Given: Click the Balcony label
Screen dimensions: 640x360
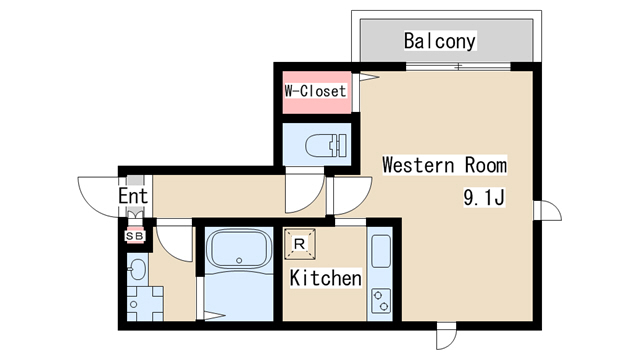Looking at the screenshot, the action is tap(440, 41).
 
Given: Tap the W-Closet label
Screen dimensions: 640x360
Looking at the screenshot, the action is tap(315, 91).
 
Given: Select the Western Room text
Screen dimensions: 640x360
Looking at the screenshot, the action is tap(444, 165).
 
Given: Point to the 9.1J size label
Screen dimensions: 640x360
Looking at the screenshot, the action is tap(484, 198).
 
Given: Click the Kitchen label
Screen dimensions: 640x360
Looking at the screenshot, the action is tap(325, 278).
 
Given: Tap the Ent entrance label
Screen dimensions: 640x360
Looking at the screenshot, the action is tap(133, 196).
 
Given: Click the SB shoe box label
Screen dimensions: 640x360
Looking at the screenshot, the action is tap(135, 236).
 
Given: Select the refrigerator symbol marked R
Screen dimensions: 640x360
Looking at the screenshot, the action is tap(300, 244).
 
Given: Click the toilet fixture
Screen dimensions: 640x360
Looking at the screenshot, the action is tap(326, 145).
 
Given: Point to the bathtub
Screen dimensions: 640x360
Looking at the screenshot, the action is tap(239, 248).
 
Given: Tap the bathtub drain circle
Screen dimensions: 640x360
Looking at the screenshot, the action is tap(239, 260).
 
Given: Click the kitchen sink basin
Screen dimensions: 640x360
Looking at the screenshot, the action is tap(381, 251).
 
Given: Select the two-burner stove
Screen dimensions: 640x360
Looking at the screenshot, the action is tap(381, 300).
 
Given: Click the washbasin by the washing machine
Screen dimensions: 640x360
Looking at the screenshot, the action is tap(137, 269).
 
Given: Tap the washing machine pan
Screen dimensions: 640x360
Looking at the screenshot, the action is tap(145, 303).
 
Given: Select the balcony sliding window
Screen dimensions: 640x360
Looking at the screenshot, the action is tap(458, 66).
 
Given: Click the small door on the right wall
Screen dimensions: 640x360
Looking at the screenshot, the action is tap(547, 211).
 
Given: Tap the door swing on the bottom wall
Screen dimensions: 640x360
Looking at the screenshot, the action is tap(446, 336).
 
